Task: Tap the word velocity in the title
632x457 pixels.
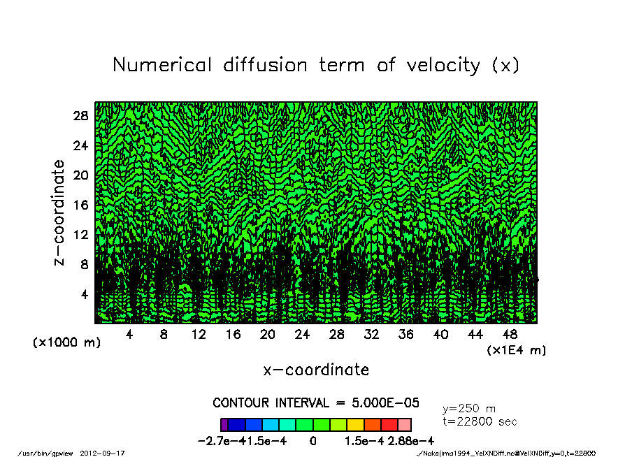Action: point(436,65)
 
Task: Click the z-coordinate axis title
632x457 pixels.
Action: point(59,212)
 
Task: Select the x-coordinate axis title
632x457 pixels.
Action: point(316,370)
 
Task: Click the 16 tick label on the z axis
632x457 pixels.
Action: point(81,205)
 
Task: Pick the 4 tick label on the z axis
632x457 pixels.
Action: point(85,294)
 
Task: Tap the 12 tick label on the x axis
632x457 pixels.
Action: point(199,335)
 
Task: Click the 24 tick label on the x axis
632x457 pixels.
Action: point(303,335)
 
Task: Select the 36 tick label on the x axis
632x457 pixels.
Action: point(406,335)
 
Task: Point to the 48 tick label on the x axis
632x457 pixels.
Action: point(510,335)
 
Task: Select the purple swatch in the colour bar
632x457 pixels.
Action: point(224,424)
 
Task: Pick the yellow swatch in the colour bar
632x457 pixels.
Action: point(355,424)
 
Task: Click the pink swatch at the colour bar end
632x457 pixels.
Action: point(405,424)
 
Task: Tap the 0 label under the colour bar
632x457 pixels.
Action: point(313,441)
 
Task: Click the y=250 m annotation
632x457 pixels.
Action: point(470,408)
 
